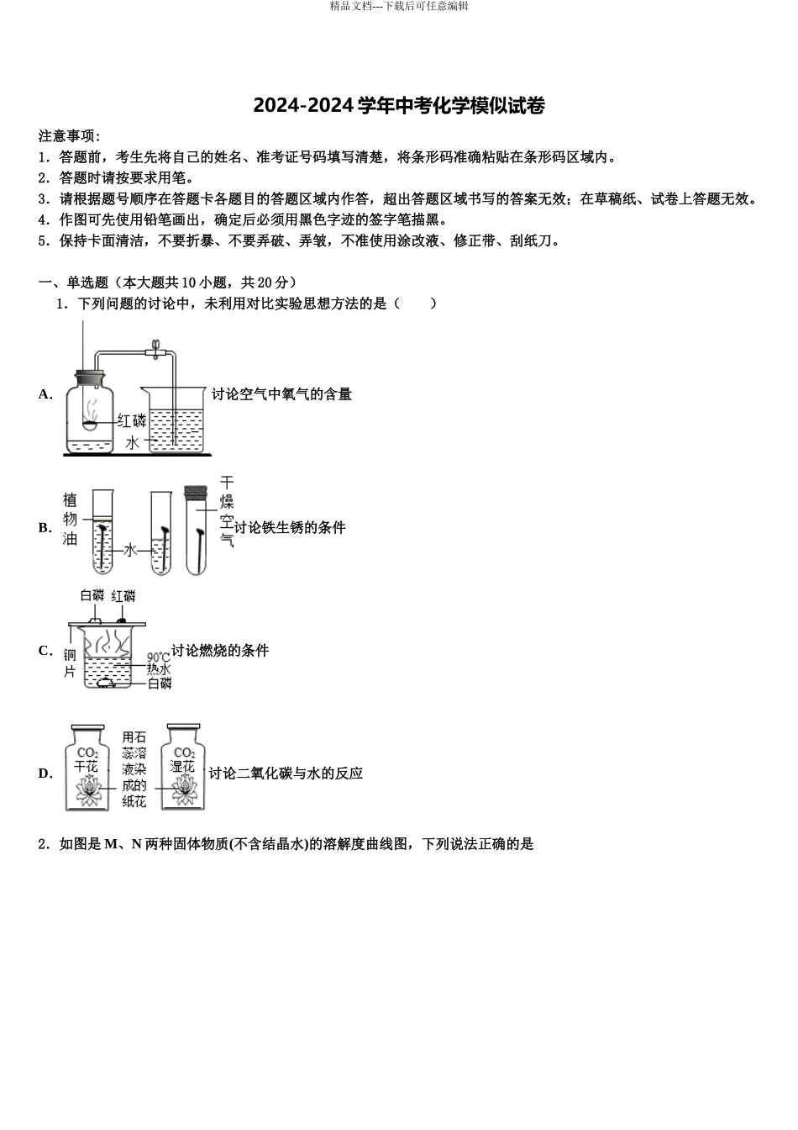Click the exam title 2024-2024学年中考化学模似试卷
click(399, 106)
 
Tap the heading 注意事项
click(69, 136)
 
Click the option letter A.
click(45, 393)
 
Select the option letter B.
click(45, 528)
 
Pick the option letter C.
click(45, 651)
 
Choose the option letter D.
click(45, 774)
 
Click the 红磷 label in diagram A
click(132, 420)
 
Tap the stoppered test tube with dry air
click(197, 530)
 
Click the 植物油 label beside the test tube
click(71, 519)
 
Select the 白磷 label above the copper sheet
click(92, 596)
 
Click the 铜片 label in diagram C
click(71, 663)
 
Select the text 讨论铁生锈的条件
click(290, 528)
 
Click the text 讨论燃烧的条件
click(220, 651)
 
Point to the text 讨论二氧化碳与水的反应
click(286, 774)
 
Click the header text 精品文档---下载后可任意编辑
click(399, 6)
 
